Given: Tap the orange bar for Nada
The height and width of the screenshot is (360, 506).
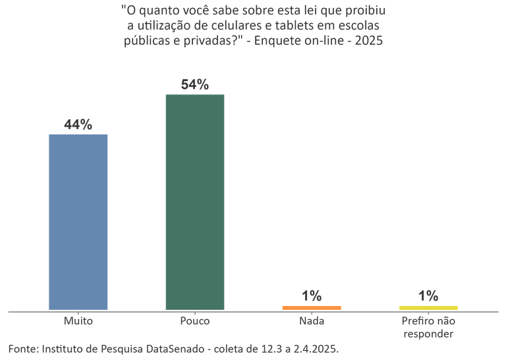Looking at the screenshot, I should pyautogui.click(x=312, y=307).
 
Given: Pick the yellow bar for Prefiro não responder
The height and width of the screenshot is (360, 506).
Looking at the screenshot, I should pyautogui.click(x=428, y=307).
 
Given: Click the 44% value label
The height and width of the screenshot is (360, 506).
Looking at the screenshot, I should pyautogui.click(x=78, y=125).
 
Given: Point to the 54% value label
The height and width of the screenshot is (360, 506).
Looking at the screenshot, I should pyautogui.click(x=195, y=84).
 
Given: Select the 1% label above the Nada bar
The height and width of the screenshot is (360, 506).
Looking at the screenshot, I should pyautogui.click(x=312, y=296).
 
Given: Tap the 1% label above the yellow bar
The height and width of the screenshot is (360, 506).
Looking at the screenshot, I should pyautogui.click(x=428, y=296).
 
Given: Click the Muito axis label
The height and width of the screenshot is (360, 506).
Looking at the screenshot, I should pyautogui.click(x=78, y=321).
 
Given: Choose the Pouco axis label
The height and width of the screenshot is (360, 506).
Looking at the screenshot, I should pyautogui.click(x=195, y=321).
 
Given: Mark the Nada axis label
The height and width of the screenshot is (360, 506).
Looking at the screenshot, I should pyautogui.click(x=312, y=321).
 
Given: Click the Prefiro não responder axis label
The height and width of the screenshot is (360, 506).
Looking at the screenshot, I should pyautogui.click(x=428, y=327).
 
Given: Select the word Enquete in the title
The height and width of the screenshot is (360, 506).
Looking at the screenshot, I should pyautogui.click(x=284, y=40).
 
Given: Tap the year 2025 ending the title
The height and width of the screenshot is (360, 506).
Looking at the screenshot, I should pyautogui.click(x=370, y=40).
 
